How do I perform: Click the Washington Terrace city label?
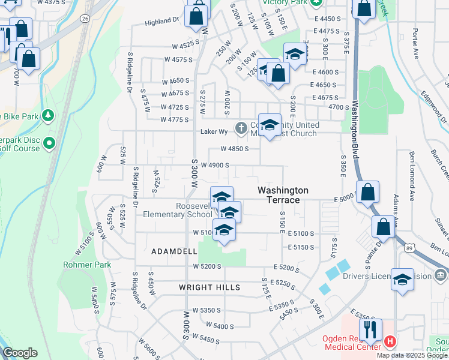pyautogui.click(x=283, y=194)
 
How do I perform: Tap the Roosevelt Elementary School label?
pyautogui.click(x=194, y=210)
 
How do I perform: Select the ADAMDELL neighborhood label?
pyautogui.click(x=174, y=251)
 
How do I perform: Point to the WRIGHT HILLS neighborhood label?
pyautogui.click(x=209, y=287)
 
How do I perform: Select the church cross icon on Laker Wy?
pyautogui.click(x=241, y=127)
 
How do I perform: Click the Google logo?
pyautogui.click(x=20, y=353)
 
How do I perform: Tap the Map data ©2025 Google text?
pyautogui.click(x=412, y=355)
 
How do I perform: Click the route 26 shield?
pyautogui.click(x=85, y=19)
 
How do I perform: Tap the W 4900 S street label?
pyautogui.click(x=215, y=165)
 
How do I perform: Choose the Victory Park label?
pyautogui.click(x=284, y=2)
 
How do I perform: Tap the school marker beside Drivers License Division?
pyautogui.click(x=402, y=279)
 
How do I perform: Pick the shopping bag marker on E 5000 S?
pyautogui.click(x=368, y=192)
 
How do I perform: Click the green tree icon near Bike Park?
pyautogui.click(x=49, y=115)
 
